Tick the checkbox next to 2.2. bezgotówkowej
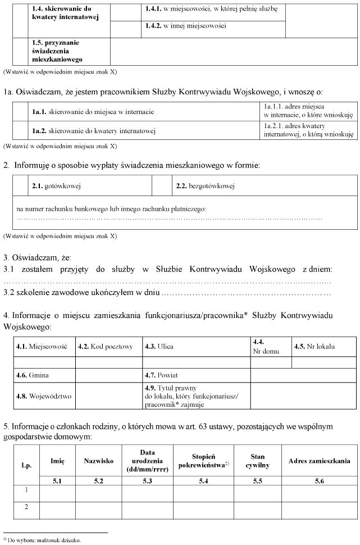(x=161, y=185)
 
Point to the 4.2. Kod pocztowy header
(x=106, y=347)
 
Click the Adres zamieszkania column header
(x=319, y=461)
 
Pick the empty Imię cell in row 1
(x=57, y=492)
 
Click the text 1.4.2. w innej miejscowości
(x=185, y=26)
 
